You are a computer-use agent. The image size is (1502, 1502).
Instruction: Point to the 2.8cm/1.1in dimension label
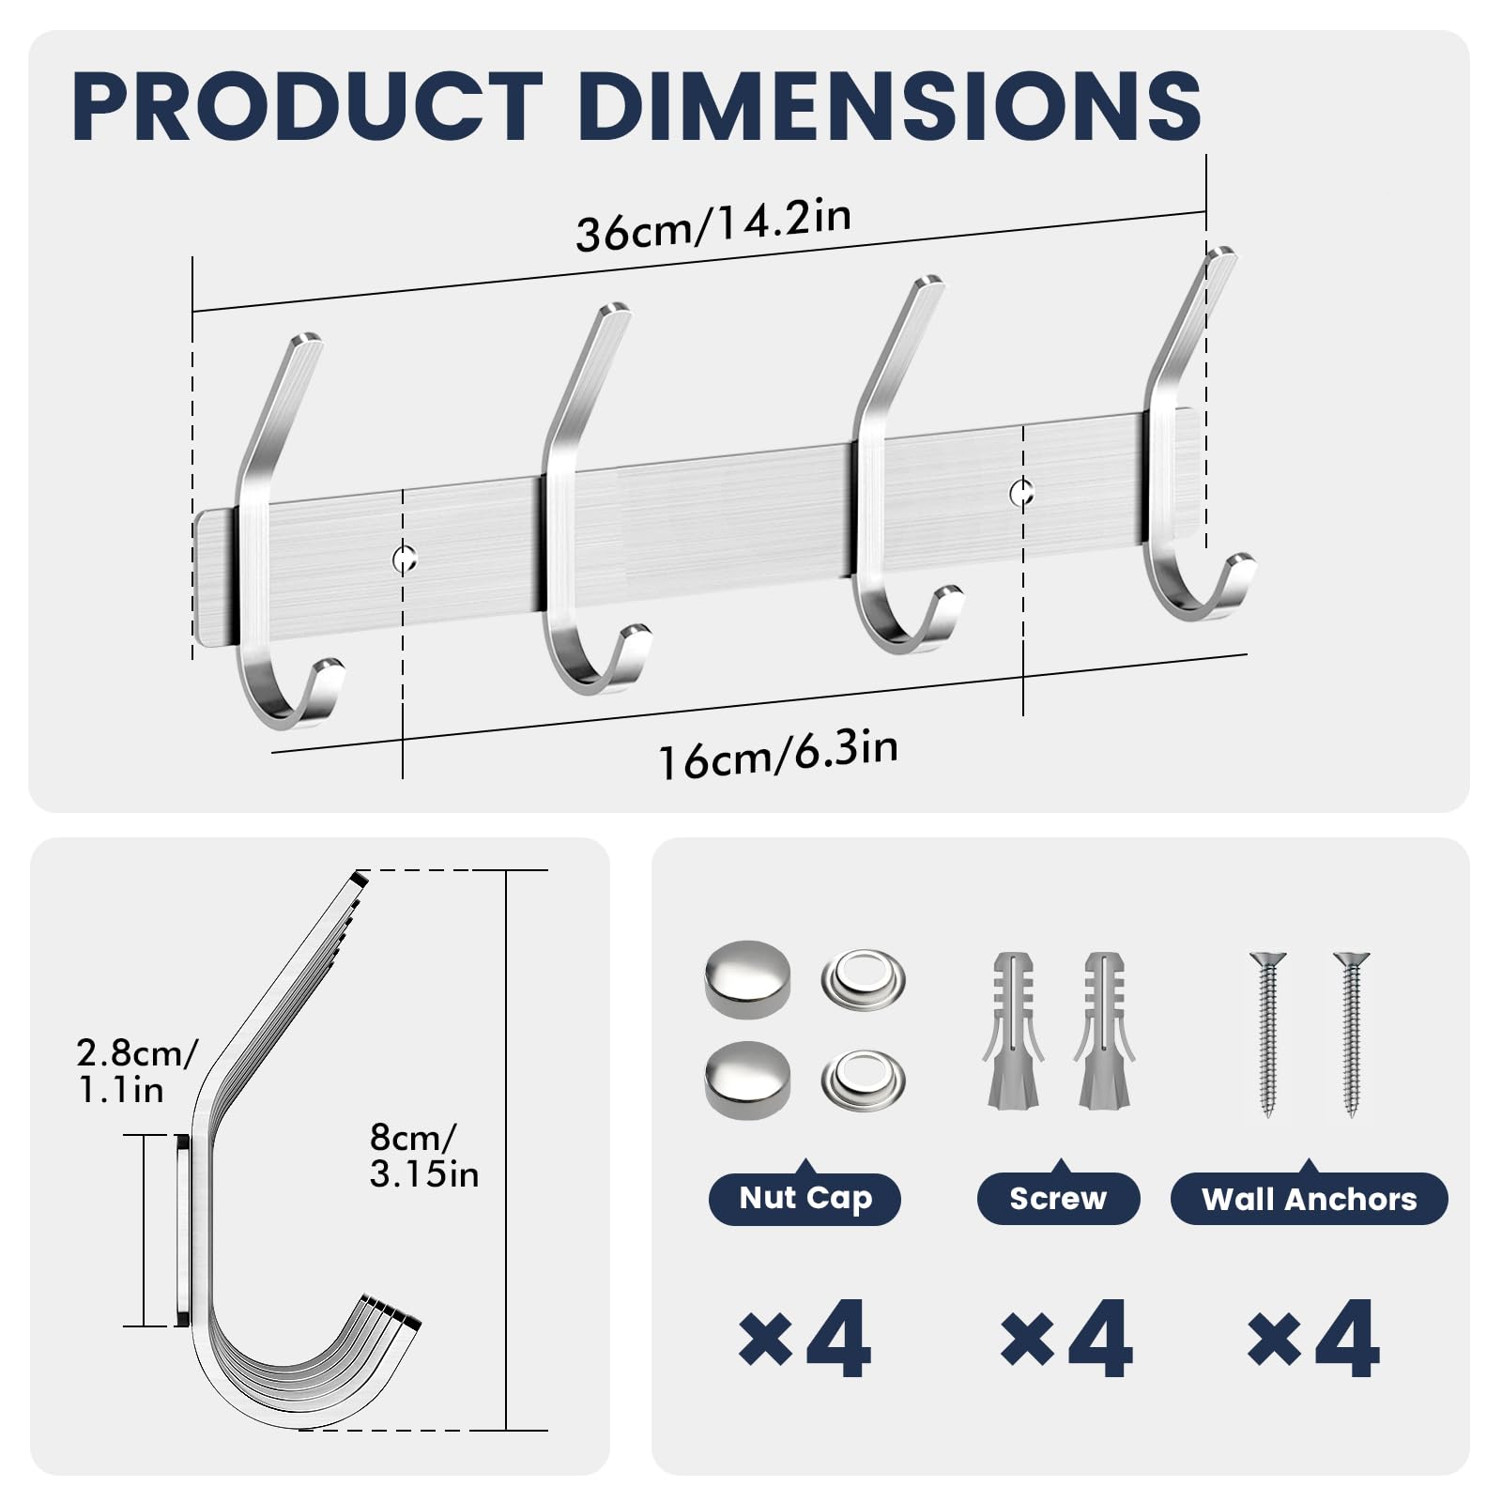(137, 1071)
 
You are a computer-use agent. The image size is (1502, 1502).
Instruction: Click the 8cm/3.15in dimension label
(423, 1156)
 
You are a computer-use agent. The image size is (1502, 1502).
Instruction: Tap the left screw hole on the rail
(404, 559)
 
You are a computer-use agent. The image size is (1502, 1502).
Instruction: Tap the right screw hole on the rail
(1022, 491)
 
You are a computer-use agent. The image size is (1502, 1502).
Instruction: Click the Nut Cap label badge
(805, 1198)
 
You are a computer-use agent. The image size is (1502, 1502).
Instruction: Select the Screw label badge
(1058, 1199)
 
